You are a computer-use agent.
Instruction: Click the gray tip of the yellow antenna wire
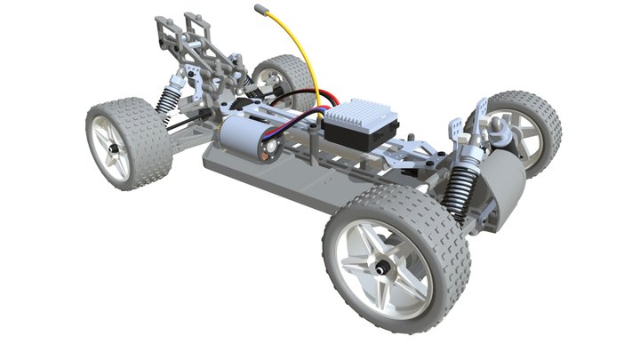click(x=261, y=10)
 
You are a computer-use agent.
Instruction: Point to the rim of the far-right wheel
click(x=524, y=133)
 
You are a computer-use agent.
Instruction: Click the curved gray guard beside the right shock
click(x=502, y=191)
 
